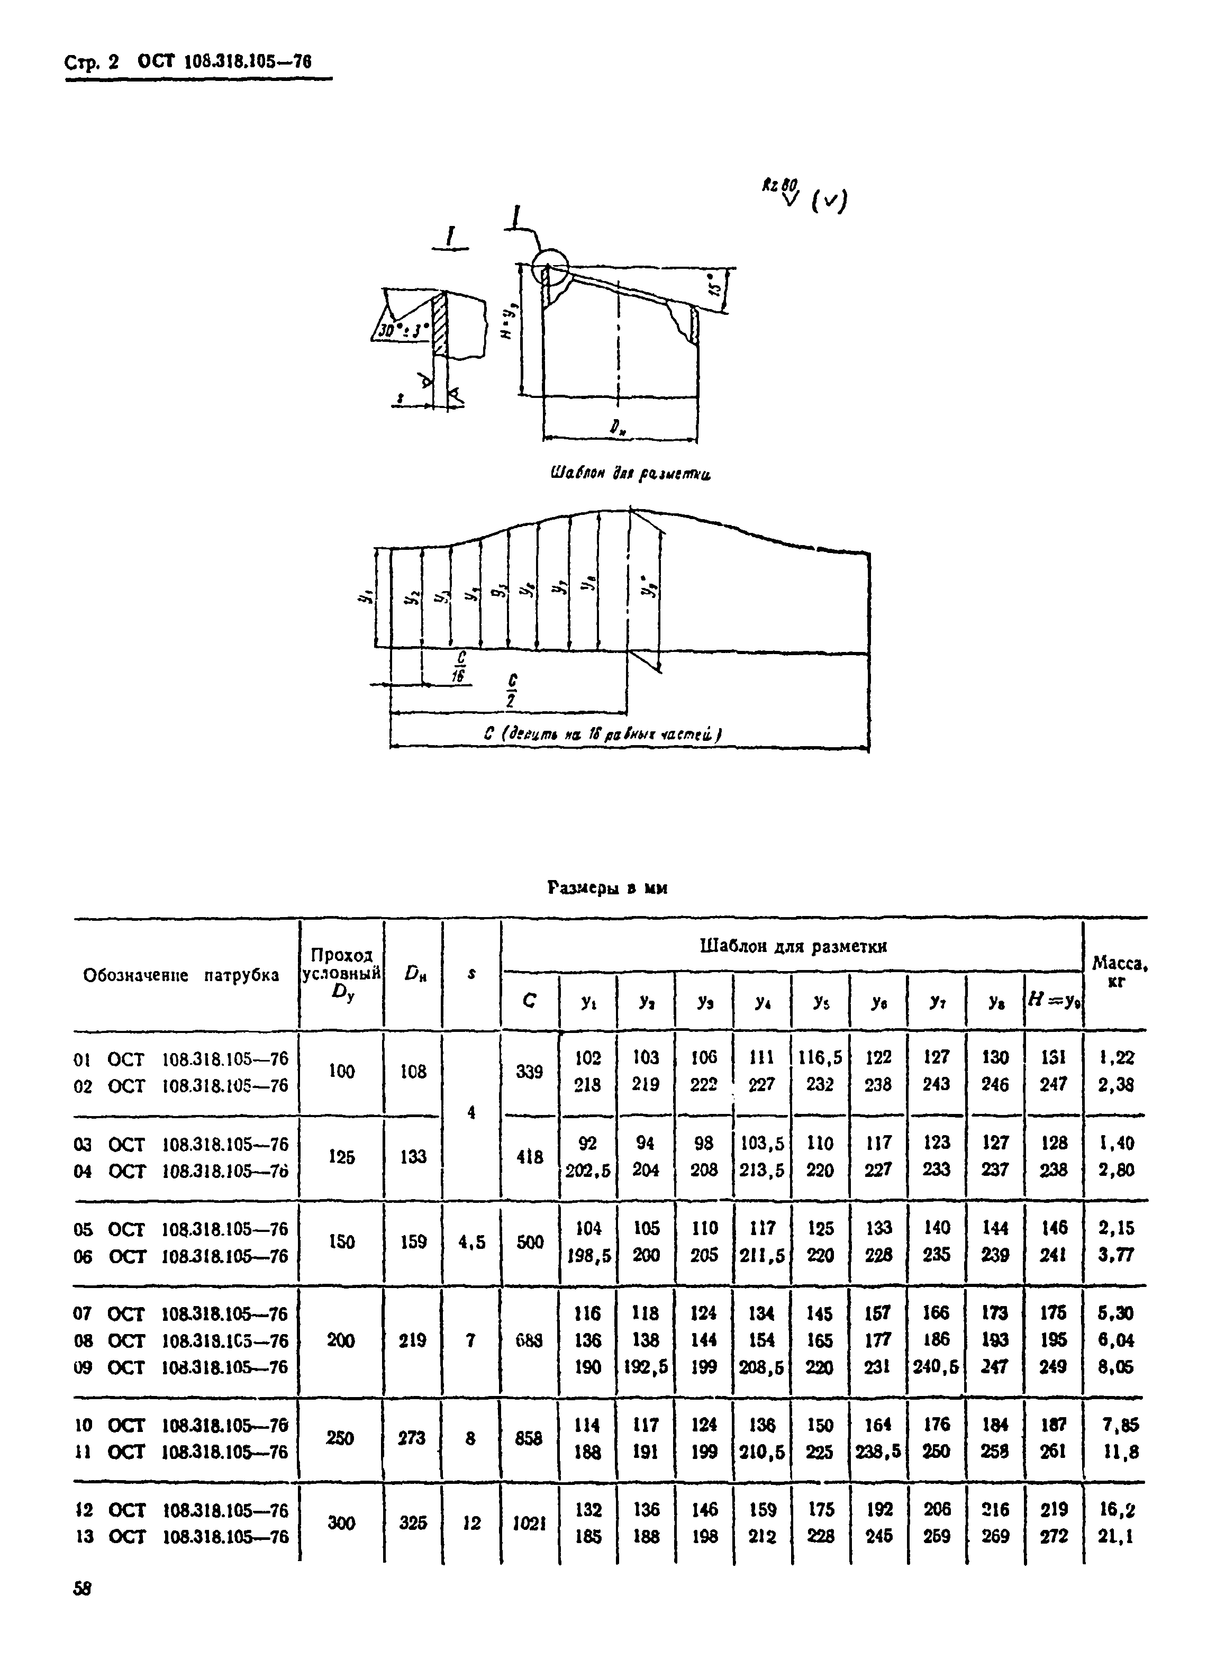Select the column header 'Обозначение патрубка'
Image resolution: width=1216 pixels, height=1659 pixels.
(x=181, y=976)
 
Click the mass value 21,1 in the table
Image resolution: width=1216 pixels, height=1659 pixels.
(x=1116, y=1536)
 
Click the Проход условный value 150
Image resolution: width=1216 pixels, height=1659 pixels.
(x=341, y=1241)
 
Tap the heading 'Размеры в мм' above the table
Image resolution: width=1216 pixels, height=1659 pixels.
(x=607, y=889)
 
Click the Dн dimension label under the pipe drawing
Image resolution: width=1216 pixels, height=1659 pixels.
(x=618, y=428)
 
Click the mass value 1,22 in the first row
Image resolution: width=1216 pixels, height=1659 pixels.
(x=1116, y=1058)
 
